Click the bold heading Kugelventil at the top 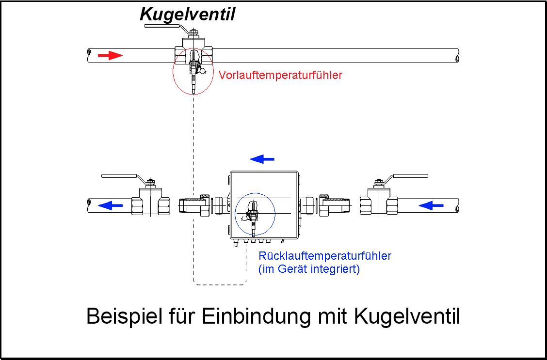[187, 15]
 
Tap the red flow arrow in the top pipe [110, 55]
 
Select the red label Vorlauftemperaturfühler [280, 75]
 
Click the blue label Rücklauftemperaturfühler [325, 256]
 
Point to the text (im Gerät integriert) [309, 269]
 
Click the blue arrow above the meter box [262, 159]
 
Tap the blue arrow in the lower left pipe [110, 205]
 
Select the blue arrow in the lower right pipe [431, 205]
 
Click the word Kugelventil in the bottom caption [407, 317]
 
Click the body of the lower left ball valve [150, 202]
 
